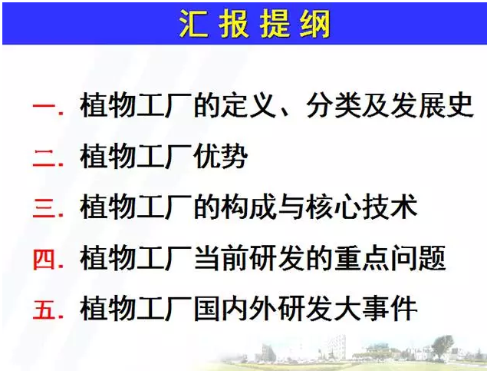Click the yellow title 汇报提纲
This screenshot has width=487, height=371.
pyautogui.click(x=255, y=24)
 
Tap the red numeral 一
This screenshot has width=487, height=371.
pyautogui.click(x=44, y=107)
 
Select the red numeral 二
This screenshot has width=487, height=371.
pyautogui.click(x=44, y=157)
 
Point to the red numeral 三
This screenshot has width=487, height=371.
pyautogui.click(x=44, y=207)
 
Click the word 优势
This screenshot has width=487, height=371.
pyautogui.click(x=221, y=156)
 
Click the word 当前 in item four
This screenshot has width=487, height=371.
pyautogui.click(x=221, y=258)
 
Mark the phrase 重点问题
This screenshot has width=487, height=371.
pyautogui.click(x=390, y=258)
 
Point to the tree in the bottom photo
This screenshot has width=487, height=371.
pyautogui.click(x=442, y=346)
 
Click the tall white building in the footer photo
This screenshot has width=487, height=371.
pyautogui.click(x=337, y=347)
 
